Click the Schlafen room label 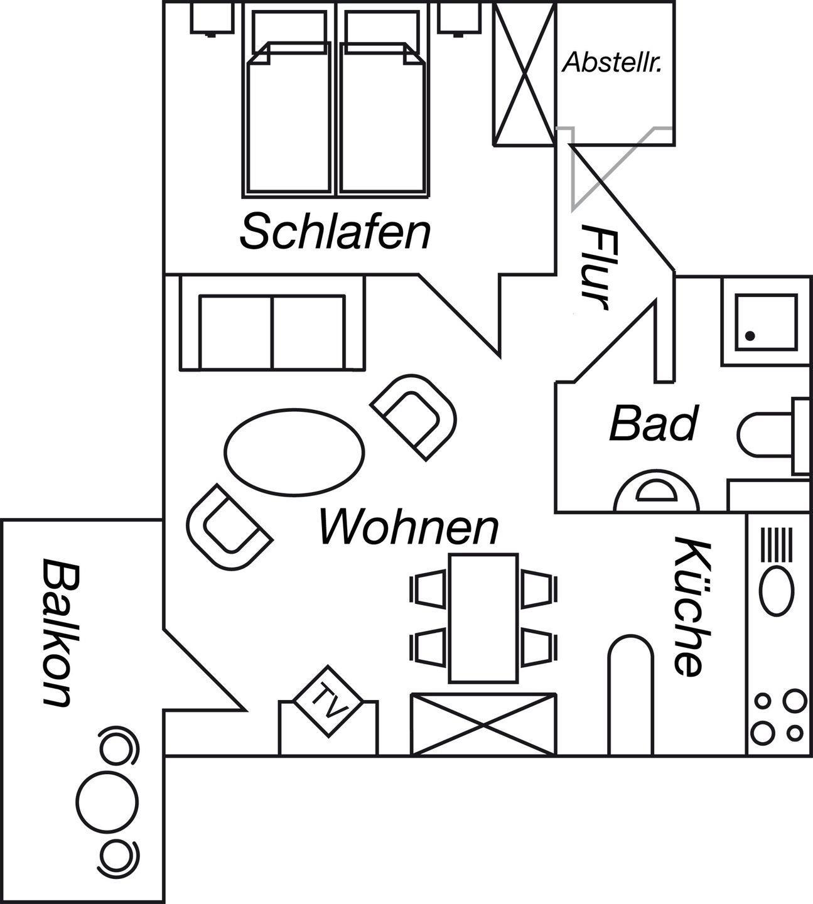(x=335, y=232)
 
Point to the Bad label (x=653, y=424)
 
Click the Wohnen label (x=409, y=527)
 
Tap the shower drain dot (x=750, y=336)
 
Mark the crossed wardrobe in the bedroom (x=524, y=74)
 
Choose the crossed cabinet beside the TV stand (x=483, y=724)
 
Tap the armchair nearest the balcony (x=227, y=528)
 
